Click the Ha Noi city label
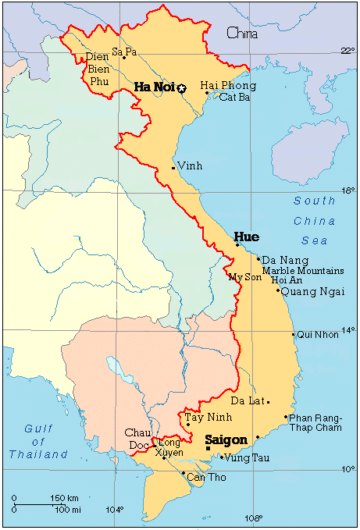tap(153, 87)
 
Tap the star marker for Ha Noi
tap(182, 88)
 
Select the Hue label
tap(246, 237)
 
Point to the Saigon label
tap(226, 440)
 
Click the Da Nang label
tap(285, 260)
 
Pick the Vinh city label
tap(190, 166)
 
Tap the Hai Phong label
tap(228, 85)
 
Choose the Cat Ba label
tap(234, 97)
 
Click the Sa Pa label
tap(124, 52)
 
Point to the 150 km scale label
tap(63, 498)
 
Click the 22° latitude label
tap(348, 52)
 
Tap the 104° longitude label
tap(114, 510)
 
